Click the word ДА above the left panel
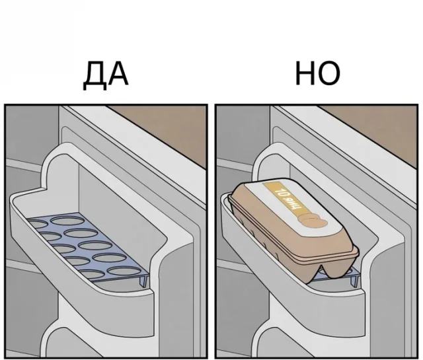pos(106,74)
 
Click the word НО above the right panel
pos(317,74)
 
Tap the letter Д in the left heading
pos(95,75)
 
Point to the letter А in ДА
pos(118,74)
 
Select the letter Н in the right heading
pos(305,74)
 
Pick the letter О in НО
pos(328,74)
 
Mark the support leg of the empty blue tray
pos(142,281)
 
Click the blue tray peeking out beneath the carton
pos(330,276)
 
